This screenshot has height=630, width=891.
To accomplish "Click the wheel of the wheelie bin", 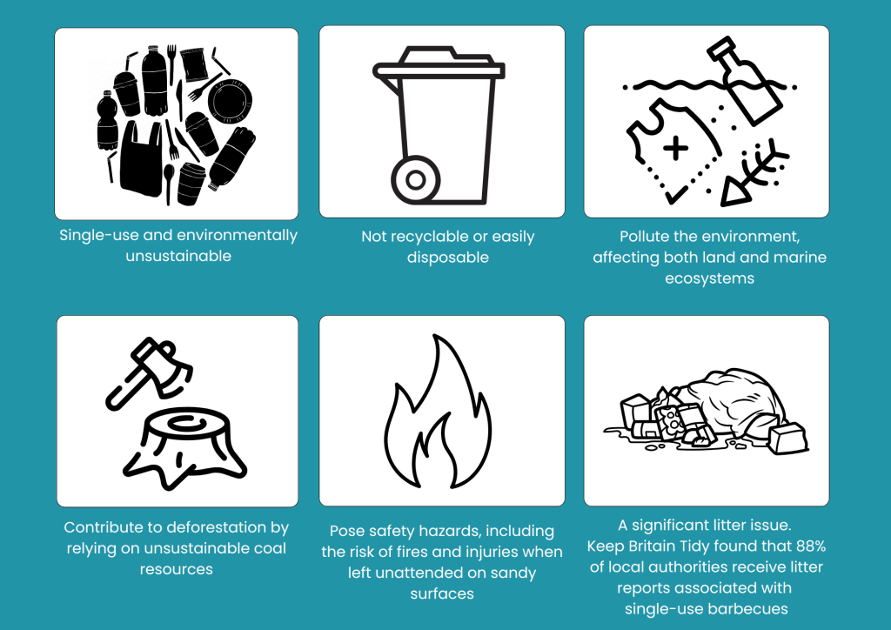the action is [x=415, y=180].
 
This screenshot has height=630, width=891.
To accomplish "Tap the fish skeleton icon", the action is [x=754, y=172].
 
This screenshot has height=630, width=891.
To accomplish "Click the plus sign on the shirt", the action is [x=675, y=149].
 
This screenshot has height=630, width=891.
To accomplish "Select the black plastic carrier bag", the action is [x=141, y=158].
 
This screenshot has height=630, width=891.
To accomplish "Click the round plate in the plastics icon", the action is [x=230, y=101].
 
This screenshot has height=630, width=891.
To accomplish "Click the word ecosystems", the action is [x=709, y=279].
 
